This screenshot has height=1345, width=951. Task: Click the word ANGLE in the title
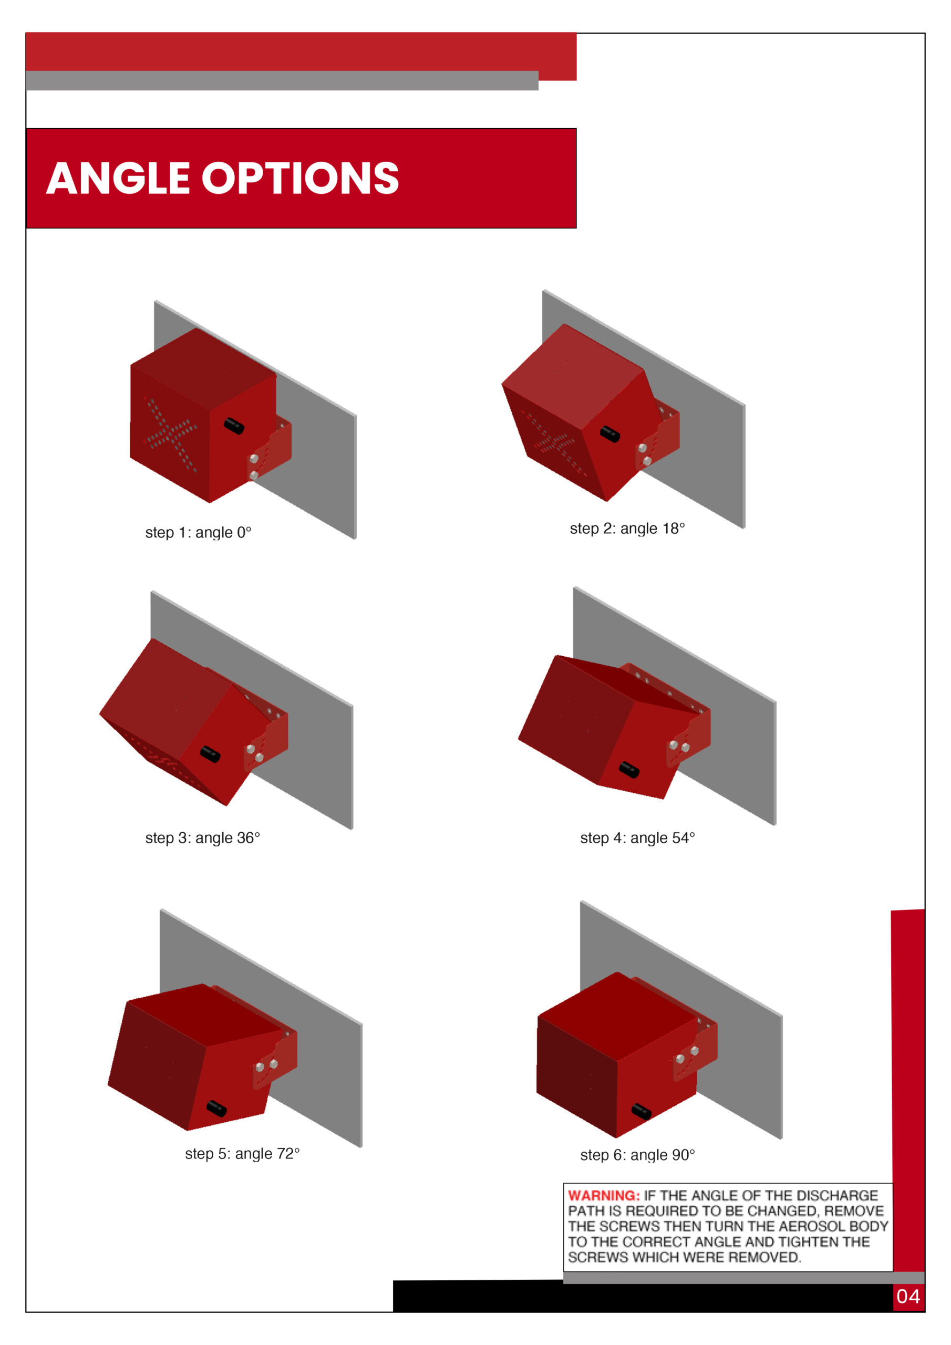tap(118, 178)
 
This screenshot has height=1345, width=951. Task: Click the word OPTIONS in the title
tap(301, 178)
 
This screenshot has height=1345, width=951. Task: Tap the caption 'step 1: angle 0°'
tap(198, 533)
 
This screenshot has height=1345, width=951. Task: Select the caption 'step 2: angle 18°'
tap(627, 529)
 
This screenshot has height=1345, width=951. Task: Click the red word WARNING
tap(604, 1196)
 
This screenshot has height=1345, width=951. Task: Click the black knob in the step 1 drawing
tap(234, 426)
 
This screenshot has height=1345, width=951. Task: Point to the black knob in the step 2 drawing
tap(609, 433)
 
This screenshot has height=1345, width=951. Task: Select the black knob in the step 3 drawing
tap(210, 754)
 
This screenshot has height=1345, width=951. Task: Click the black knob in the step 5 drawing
tap(217, 1109)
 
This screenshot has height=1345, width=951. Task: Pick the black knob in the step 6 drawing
tap(641, 1111)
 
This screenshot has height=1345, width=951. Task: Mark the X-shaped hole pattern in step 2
tap(553, 441)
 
